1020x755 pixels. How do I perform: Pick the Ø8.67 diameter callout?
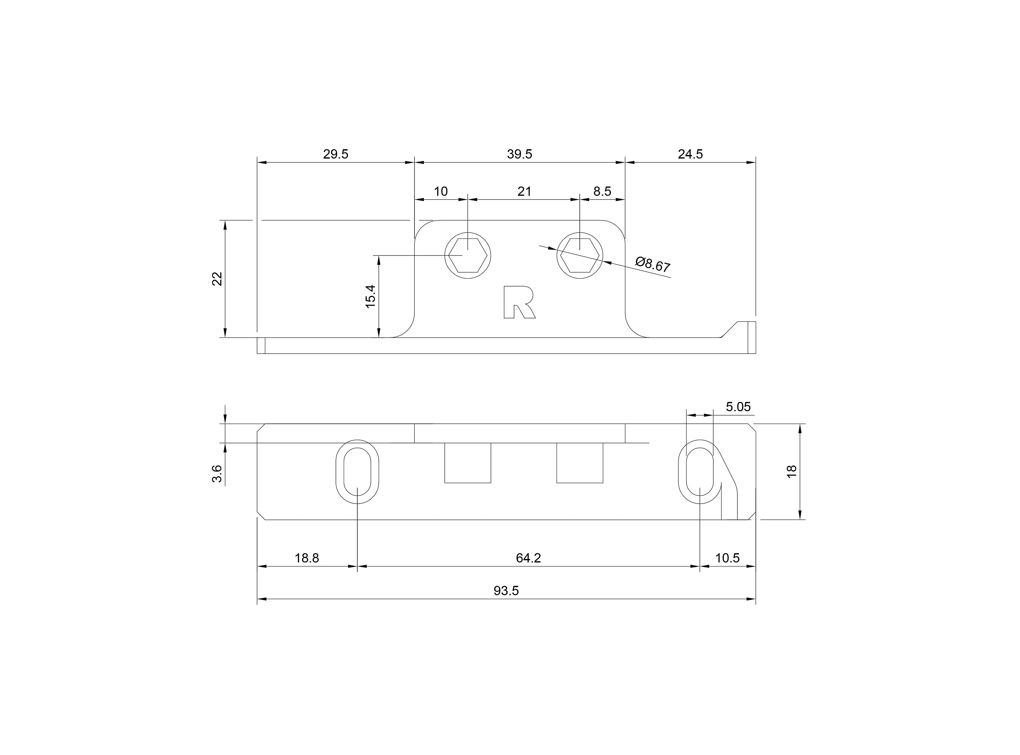click(x=653, y=264)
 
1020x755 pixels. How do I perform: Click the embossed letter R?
click(x=519, y=302)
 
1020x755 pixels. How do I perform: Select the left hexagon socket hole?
click(x=468, y=255)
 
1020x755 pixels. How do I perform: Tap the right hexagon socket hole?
click(x=580, y=255)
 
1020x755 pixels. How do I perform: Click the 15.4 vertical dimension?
click(x=370, y=296)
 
